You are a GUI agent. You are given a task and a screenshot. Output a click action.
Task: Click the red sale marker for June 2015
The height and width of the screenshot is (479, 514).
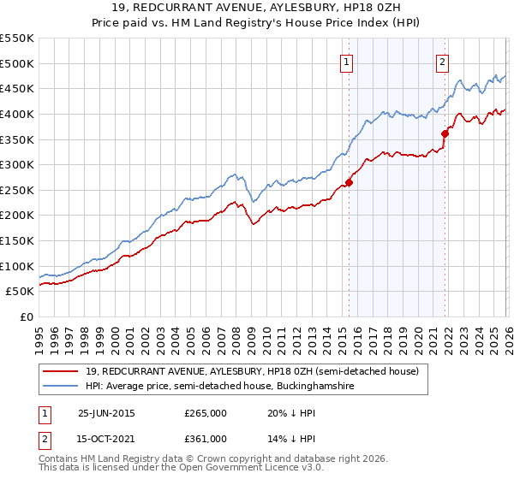tap(349, 182)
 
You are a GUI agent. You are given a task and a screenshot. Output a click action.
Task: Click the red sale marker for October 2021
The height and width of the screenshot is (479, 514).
tap(445, 133)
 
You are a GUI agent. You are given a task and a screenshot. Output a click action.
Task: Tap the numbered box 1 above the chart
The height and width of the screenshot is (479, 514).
tap(346, 61)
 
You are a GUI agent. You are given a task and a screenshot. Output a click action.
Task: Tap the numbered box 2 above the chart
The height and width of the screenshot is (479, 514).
tap(442, 61)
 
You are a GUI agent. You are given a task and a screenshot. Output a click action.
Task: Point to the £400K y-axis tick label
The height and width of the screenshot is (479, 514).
tap(17, 114)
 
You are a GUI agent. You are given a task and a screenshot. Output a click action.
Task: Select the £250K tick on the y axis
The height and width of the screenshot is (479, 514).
tap(17, 190)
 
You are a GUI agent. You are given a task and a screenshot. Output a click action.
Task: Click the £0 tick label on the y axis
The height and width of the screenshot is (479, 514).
tap(26, 316)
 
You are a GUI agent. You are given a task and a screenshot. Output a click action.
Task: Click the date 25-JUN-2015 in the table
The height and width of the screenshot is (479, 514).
tap(106, 412)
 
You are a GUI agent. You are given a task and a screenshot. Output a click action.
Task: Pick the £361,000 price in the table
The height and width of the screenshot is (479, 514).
tap(206, 438)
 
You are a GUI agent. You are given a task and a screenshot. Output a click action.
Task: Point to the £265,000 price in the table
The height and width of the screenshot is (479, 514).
tap(206, 412)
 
